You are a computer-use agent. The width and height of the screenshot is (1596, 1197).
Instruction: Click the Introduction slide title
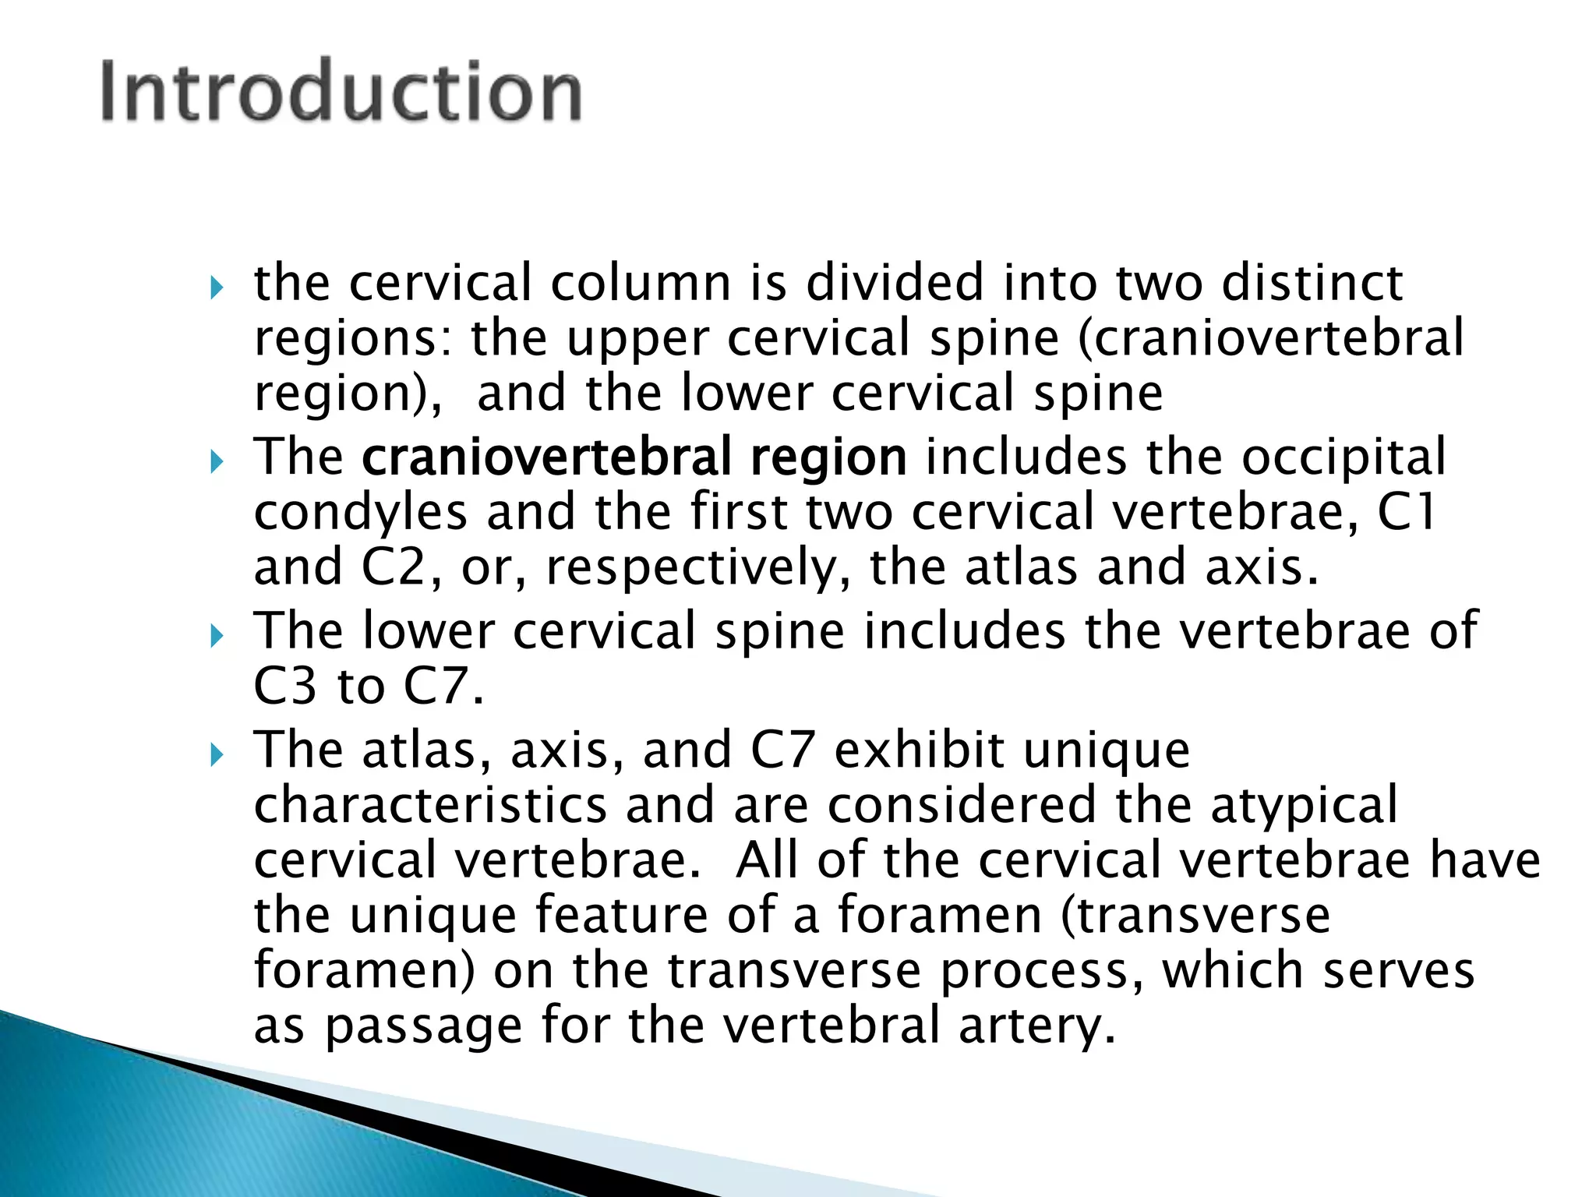click(x=341, y=92)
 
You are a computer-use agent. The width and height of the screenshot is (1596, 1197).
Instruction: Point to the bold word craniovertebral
click(x=546, y=457)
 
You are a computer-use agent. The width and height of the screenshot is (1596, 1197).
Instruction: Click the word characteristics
click(x=430, y=805)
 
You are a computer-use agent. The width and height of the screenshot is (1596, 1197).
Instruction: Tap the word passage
click(x=424, y=1028)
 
